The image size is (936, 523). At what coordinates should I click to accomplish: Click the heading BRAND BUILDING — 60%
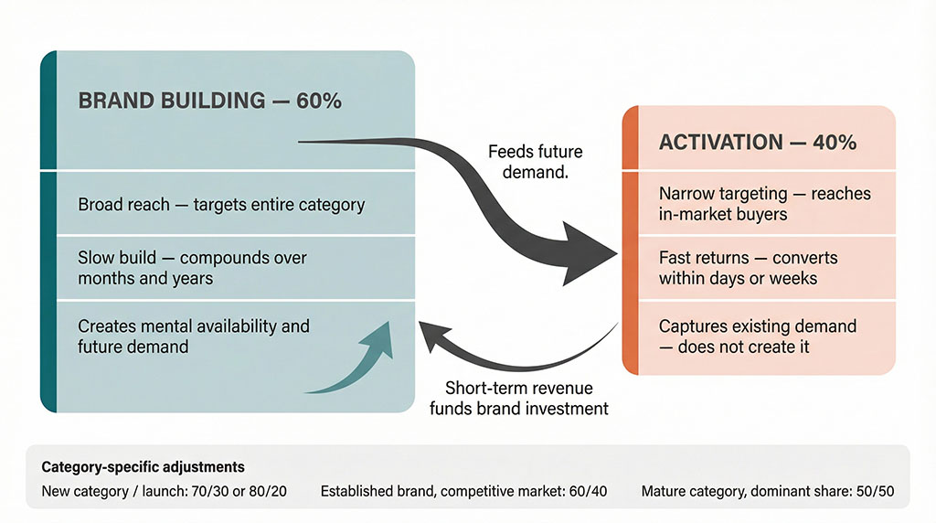[x=209, y=101]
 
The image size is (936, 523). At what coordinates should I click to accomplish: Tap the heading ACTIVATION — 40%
[x=757, y=143]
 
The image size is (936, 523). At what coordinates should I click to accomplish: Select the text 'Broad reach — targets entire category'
[x=220, y=205]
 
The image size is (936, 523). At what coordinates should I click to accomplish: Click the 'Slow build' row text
[x=192, y=268]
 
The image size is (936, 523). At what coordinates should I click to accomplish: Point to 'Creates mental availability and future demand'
[x=193, y=336]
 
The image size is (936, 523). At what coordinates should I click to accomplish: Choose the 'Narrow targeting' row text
[x=764, y=204]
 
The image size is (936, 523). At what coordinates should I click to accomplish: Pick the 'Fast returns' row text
[x=748, y=267]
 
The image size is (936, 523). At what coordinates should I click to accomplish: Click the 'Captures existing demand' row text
[x=757, y=336]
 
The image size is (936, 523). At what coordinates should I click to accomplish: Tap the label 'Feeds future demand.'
[x=535, y=161]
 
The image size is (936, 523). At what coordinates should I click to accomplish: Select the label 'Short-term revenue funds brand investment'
[x=518, y=398]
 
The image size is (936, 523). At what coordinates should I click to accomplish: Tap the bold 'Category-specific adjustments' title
[x=143, y=467]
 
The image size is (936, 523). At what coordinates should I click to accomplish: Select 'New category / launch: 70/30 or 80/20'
[x=165, y=492]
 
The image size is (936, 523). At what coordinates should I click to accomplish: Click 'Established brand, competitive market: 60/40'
[x=463, y=492]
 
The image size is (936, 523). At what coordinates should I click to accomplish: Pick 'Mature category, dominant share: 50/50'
[x=768, y=492]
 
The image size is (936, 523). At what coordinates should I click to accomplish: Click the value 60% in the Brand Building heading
[x=319, y=101]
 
